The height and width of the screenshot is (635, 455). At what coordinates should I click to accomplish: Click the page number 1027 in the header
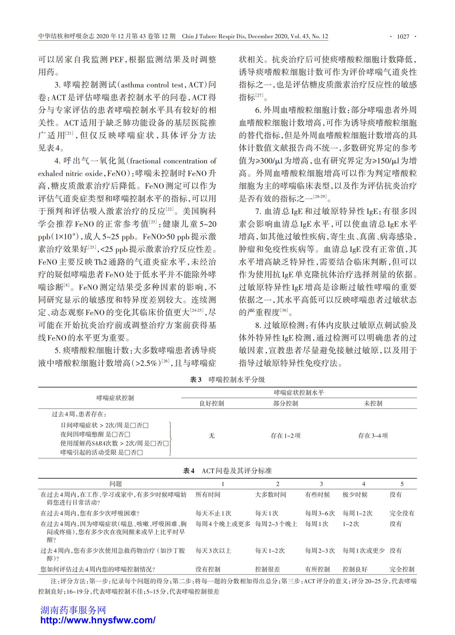pyautogui.click(x=403, y=37)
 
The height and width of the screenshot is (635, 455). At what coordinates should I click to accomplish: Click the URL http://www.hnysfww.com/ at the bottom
pyautogui.click(x=98, y=620)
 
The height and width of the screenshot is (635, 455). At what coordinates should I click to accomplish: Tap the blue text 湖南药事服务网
pyautogui.click(x=73, y=610)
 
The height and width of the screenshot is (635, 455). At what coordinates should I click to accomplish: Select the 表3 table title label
pyautogui.click(x=196, y=380)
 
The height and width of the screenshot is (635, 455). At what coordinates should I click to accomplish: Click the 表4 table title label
pyautogui.click(x=189, y=471)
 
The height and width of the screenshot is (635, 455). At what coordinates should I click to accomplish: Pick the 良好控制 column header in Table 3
pyautogui.click(x=212, y=404)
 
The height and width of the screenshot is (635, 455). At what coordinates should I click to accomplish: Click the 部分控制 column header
pyautogui.click(x=286, y=404)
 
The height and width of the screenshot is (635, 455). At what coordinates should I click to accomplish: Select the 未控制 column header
pyautogui.click(x=373, y=404)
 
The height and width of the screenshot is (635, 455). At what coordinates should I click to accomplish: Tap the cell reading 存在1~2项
pyautogui.click(x=286, y=436)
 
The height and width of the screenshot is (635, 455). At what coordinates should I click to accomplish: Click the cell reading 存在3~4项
pyautogui.click(x=373, y=436)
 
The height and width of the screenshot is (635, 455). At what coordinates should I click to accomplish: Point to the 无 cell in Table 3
pyautogui.click(x=212, y=436)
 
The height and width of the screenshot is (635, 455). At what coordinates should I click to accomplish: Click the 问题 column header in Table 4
pyautogui.click(x=116, y=484)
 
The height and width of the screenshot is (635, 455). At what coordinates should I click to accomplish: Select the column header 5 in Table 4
pyautogui.click(x=402, y=484)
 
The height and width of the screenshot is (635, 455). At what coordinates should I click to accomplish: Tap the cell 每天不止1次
pyautogui.click(x=213, y=513)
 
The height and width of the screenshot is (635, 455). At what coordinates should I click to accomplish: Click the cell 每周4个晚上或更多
pyautogui.click(x=223, y=524)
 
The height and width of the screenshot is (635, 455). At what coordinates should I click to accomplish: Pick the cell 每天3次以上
pyautogui.click(x=213, y=551)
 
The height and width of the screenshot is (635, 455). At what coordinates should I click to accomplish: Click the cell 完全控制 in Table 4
pyautogui.click(x=402, y=569)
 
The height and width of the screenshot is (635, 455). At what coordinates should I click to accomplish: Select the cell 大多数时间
pyautogui.click(x=271, y=495)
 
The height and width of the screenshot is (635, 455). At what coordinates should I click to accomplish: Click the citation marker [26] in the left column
pyautogui.click(x=166, y=361)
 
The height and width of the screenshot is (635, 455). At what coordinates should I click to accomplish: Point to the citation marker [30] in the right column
pyautogui.click(x=284, y=310)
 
